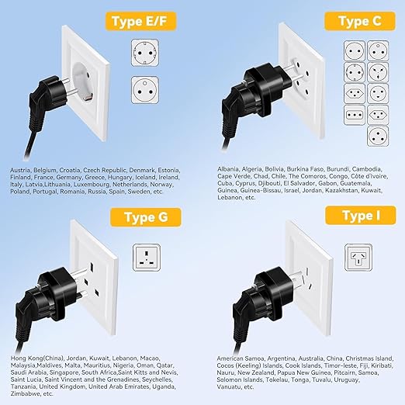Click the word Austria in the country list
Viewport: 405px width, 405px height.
pyautogui.click(x=21, y=170)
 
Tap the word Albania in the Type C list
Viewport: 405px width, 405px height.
pyautogui.click(x=228, y=169)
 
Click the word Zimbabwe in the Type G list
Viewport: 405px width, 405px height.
pyautogui.click(x=26, y=393)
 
